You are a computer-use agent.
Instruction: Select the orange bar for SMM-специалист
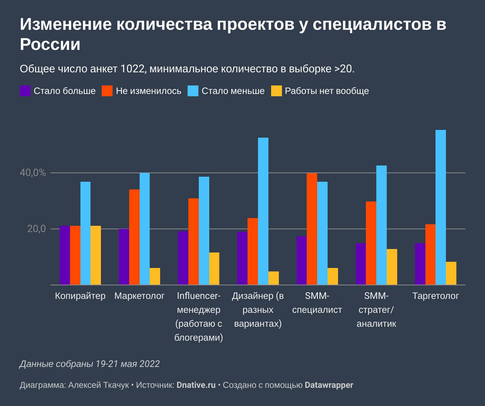click(312, 229)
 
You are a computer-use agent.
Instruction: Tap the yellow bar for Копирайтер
click(96, 255)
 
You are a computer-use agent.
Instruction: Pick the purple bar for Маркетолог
click(124, 257)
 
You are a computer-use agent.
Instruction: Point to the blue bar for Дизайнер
click(263, 211)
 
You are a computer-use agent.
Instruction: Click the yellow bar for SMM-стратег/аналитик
click(392, 267)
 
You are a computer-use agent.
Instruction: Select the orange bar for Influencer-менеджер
click(193, 241)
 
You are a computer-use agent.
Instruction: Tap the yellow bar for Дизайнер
click(273, 278)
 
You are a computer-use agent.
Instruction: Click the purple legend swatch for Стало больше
click(25, 91)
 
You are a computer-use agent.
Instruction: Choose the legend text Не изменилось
click(149, 91)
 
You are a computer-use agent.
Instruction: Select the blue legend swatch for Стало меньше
click(193, 91)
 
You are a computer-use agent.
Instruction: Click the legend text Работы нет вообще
click(327, 91)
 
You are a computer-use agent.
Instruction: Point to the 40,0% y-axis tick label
click(33, 173)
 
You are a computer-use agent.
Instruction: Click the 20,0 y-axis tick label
click(36, 229)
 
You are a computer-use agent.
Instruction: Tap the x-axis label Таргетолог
click(435, 296)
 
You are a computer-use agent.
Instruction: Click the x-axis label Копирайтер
click(80, 296)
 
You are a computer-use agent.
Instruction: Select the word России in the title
click(50, 44)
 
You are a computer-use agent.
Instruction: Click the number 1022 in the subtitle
click(132, 69)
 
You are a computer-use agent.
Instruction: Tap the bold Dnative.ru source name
click(196, 385)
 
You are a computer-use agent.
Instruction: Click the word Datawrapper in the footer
click(329, 385)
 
